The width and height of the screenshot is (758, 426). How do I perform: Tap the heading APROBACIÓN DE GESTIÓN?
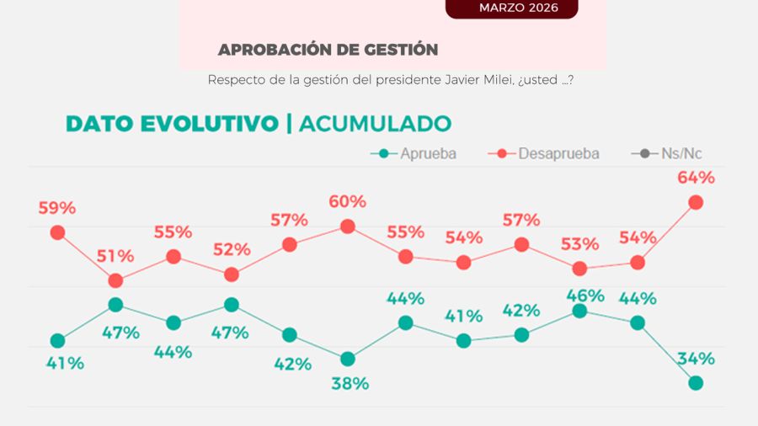328,50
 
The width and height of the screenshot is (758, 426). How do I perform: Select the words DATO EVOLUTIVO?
172,123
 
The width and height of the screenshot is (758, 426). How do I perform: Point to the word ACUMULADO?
375,123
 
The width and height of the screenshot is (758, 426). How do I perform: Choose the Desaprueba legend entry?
547,153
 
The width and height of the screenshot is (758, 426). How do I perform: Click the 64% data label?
696,178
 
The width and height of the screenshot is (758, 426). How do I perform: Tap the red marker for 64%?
696,202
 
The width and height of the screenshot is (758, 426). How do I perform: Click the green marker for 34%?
696,383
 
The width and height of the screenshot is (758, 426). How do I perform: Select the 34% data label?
696,359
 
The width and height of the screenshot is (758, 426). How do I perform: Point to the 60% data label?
348,202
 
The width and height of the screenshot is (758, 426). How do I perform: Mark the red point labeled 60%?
348,226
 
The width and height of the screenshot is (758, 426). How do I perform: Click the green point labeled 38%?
348,359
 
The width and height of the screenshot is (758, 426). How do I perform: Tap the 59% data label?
57,208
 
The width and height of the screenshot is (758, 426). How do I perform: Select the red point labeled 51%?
115,280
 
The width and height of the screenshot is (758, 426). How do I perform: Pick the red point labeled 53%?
579,269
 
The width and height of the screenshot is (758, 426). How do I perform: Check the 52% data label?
232,250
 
